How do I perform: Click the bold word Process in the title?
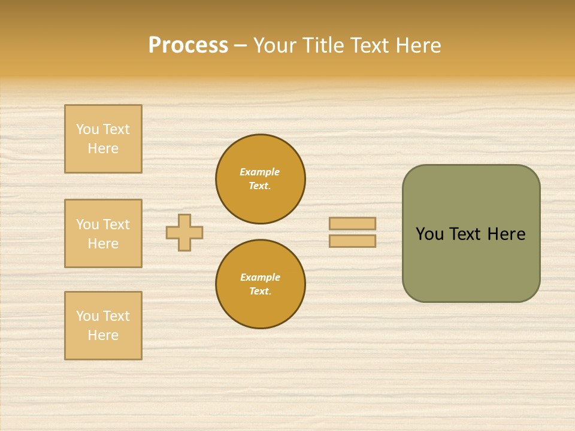pyautogui.click(x=188, y=45)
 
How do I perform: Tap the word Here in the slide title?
pyautogui.click(x=418, y=45)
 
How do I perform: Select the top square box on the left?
pyautogui.click(x=103, y=139)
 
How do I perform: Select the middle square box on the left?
pyautogui.click(x=103, y=233)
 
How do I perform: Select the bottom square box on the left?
pyautogui.click(x=103, y=326)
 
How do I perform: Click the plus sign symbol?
pyautogui.click(x=184, y=232)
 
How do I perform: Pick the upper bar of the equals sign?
pyautogui.click(x=352, y=223)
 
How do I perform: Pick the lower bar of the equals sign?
pyautogui.click(x=352, y=241)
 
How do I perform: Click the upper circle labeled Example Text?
pyautogui.click(x=261, y=179)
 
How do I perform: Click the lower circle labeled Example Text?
pyautogui.click(x=261, y=284)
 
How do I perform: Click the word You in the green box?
pyautogui.click(x=429, y=234)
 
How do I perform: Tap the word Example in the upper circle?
pyautogui.click(x=260, y=172)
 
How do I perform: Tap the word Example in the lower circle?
pyautogui.click(x=260, y=277)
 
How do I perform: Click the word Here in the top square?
pyautogui.click(x=103, y=148)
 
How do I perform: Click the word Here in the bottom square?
pyautogui.click(x=103, y=335)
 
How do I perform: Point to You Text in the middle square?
pyautogui.click(x=103, y=224)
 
